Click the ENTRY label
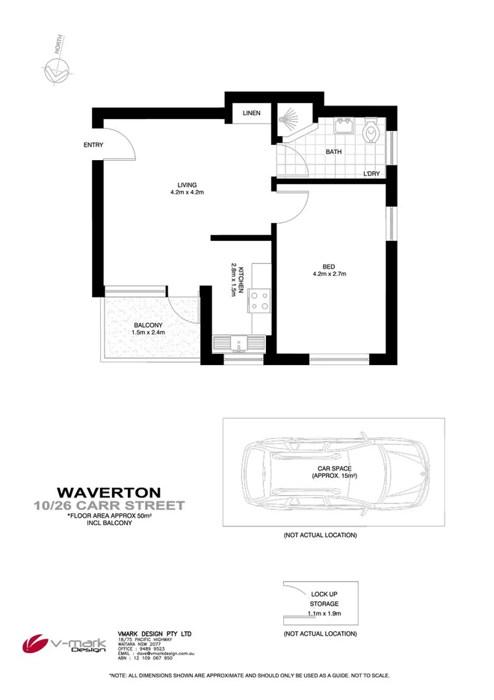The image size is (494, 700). (x=93, y=145)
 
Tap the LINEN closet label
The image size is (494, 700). (x=250, y=114)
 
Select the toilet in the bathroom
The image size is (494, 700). (x=371, y=134)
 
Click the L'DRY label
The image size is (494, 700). (x=371, y=174)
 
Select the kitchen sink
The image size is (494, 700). (x=239, y=344)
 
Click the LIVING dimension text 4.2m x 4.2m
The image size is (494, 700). (x=186, y=192)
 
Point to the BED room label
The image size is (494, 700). (x=329, y=266)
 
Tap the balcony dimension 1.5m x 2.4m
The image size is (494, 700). (x=148, y=333)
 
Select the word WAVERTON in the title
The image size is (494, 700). (x=108, y=492)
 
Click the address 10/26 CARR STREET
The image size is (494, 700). (x=108, y=506)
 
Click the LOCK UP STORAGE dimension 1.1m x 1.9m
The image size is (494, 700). (x=324, y=613)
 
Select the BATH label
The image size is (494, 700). (x=333, y=152)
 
